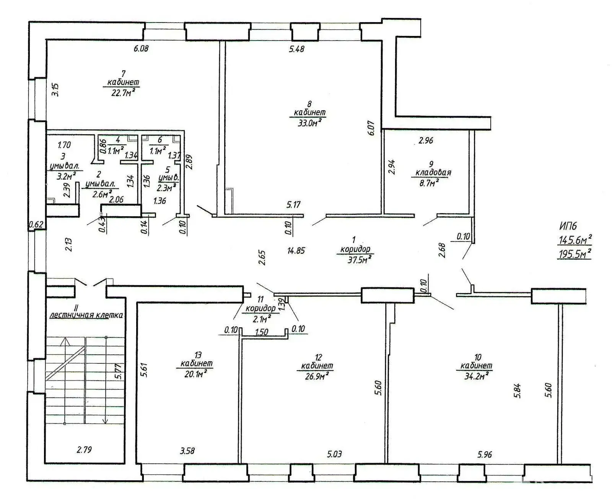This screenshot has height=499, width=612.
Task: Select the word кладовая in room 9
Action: coord(433,172)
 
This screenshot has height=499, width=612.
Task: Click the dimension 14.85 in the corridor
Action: coord(296,251)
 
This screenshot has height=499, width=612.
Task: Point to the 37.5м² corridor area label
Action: coord(356,259)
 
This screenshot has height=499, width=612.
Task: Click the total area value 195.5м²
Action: coord(575,254)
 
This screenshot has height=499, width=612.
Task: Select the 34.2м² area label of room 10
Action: coord(475,376)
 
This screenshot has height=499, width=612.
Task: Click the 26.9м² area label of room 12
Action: coord(316,376)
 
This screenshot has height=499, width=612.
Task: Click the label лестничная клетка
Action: coord(86,315)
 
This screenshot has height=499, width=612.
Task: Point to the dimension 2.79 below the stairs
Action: coord(84,450)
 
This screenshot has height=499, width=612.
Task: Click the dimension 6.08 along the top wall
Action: coord(140,49)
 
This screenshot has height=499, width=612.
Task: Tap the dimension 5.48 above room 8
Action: coord(296,49)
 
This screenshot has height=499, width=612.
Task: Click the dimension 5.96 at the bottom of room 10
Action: coord(484,454)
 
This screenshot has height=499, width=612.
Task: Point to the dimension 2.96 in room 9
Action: coord(425,140)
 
